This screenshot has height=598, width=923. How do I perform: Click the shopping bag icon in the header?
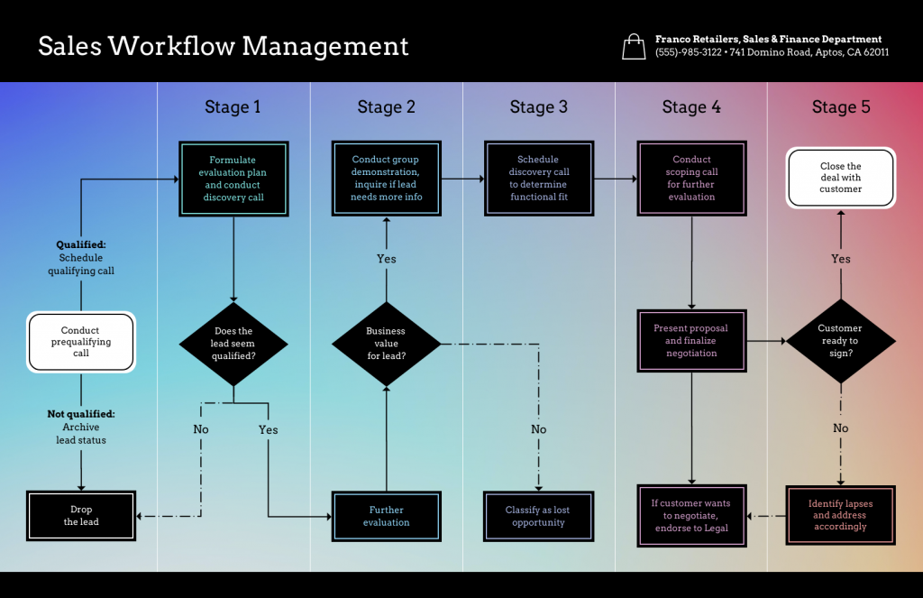click(x=634, y=46)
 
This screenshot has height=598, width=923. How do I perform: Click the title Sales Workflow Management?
click(x=223, y=46)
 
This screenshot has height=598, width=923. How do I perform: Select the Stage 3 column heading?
click(x=538, y=107)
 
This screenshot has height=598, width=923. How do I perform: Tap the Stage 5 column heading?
click(x=840, y=107)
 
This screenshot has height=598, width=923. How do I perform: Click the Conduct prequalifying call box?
click(x=81, y=342)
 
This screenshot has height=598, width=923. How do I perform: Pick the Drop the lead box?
click(x=81, y=516)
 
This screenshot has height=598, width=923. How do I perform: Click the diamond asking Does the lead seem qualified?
click(x=233, y=344)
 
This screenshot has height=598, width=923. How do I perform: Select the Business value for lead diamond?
click(x=386, y=344)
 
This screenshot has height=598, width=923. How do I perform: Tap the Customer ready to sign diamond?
click(x=840, y=341)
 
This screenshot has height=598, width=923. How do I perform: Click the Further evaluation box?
click(x=386, y=516)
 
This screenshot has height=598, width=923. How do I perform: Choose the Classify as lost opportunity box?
click(x=538, y=516)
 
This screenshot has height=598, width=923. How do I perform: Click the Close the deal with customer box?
click(x=840, y=178)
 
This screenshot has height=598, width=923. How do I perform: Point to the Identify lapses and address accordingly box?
click(x=840, y=516)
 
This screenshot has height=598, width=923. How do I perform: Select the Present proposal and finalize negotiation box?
click(x=691, y=341)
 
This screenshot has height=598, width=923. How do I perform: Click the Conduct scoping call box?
click(x=691, y=178)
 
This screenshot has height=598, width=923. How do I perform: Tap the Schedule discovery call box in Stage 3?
click(x=538, y=178)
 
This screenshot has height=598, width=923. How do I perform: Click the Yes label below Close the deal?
click(x=840, y=259)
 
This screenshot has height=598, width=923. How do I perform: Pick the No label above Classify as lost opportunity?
click(x=538, y=429)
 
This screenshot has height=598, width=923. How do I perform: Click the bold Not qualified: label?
click(x=81, y=414)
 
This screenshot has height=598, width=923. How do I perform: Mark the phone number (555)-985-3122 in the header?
click(x=689, y=52)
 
